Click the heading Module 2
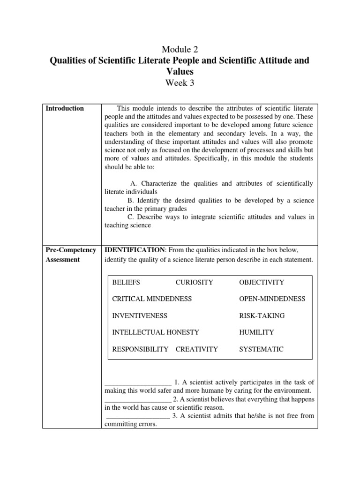[180, 49]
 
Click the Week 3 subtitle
[180, 83]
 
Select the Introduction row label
[65, 108]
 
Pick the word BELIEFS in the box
[126, 282]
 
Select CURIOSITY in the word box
[194, 282]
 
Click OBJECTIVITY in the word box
[262, 282]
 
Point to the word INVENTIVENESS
[140, 315]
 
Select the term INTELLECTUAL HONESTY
[156, 332]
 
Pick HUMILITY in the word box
[256, 332]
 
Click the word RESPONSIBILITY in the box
[140, 349]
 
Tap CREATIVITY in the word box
[196, 349]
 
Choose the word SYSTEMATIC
[261, 349]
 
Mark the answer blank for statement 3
[138, 416]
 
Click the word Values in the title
[180, 72]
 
